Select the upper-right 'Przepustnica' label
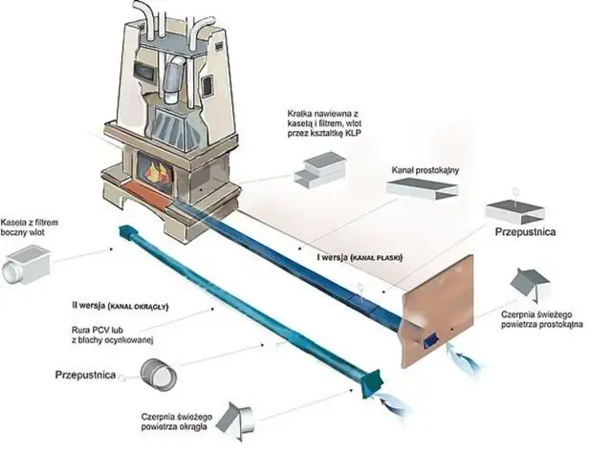526,231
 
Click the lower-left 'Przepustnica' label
92,376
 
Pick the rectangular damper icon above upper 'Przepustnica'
514,211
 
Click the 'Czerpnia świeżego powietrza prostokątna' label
547,317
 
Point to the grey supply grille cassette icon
319,169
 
